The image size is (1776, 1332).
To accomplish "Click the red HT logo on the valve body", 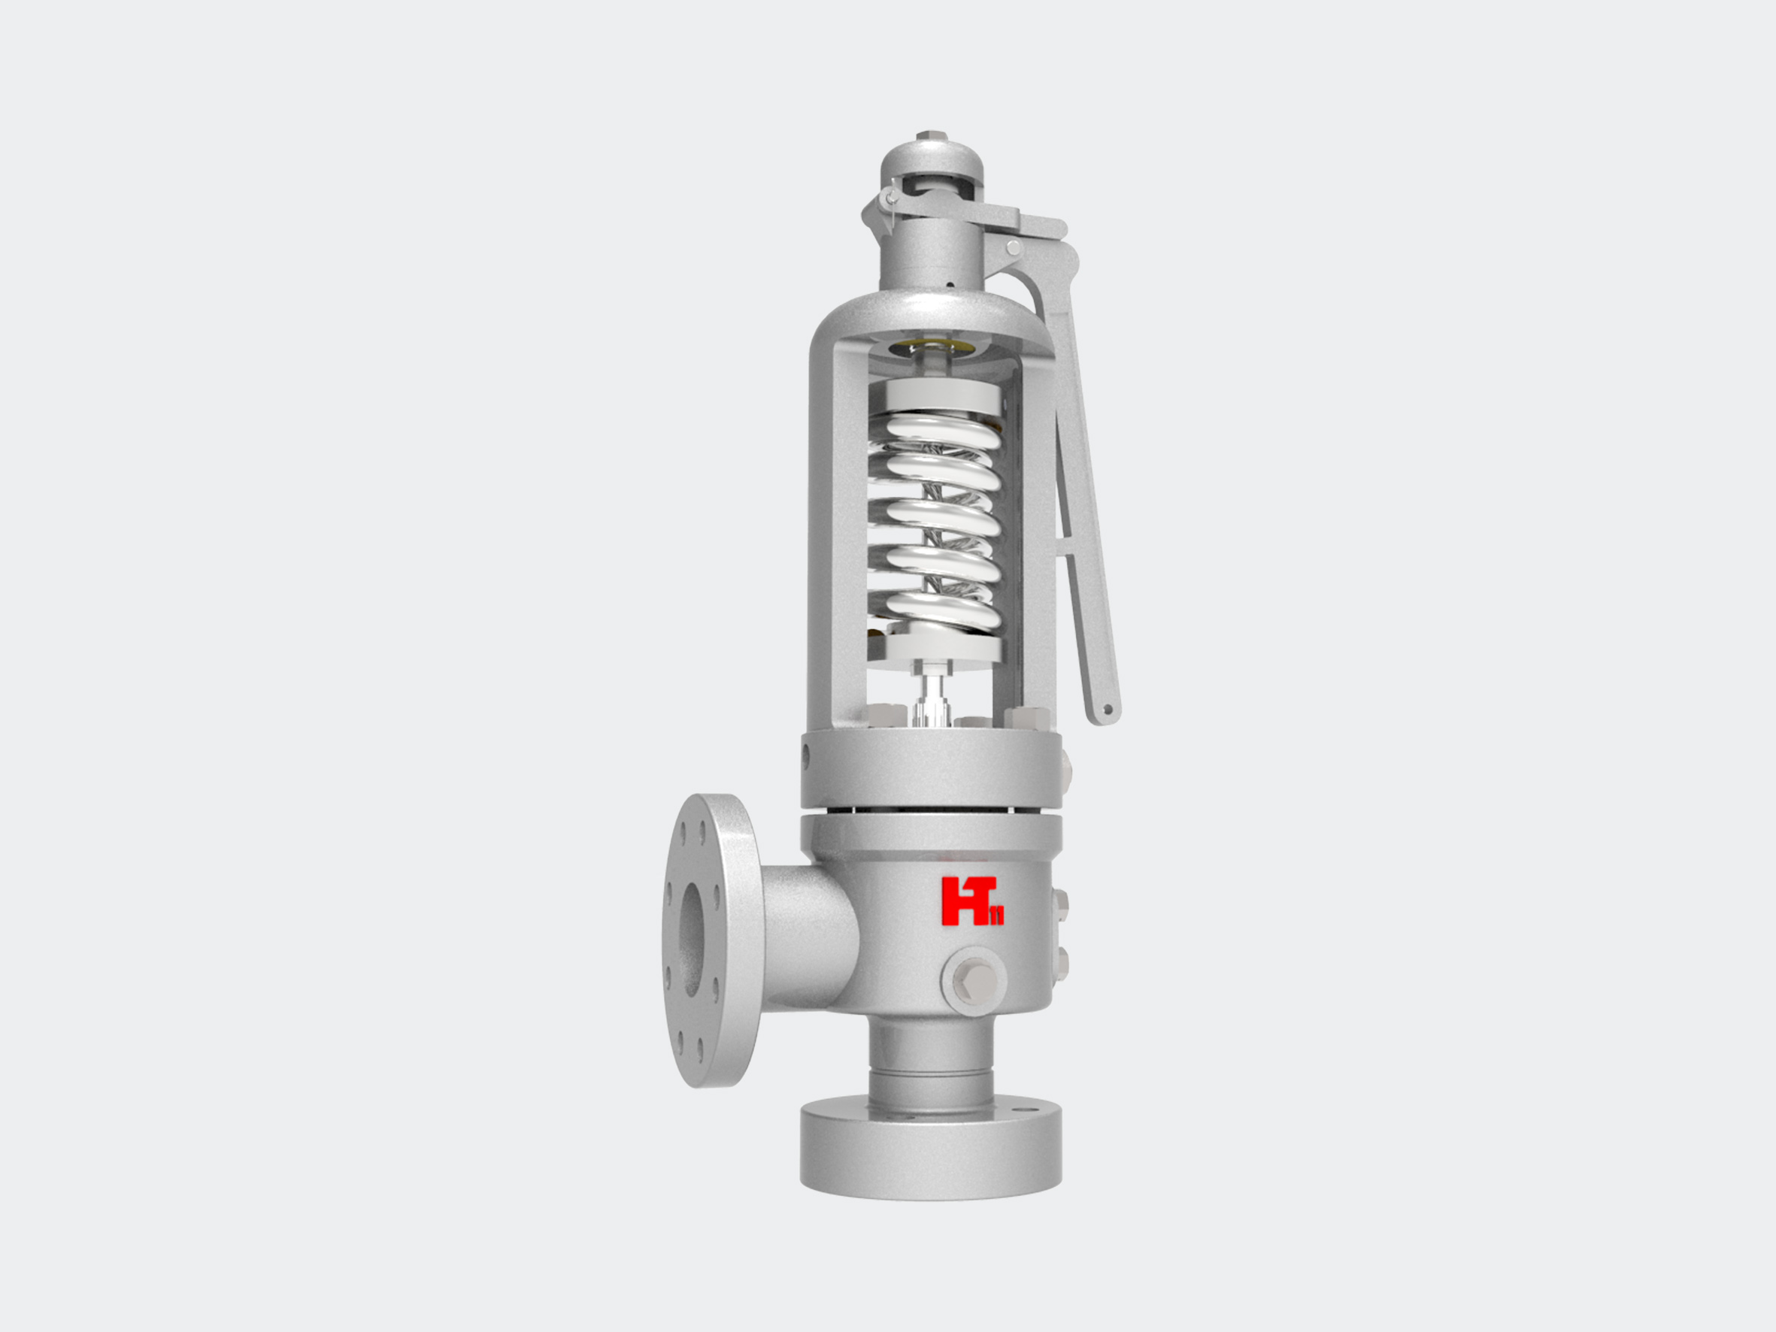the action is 971,901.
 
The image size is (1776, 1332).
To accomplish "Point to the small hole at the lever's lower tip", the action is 1108,710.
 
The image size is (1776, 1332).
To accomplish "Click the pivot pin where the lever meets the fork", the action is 1014,247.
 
